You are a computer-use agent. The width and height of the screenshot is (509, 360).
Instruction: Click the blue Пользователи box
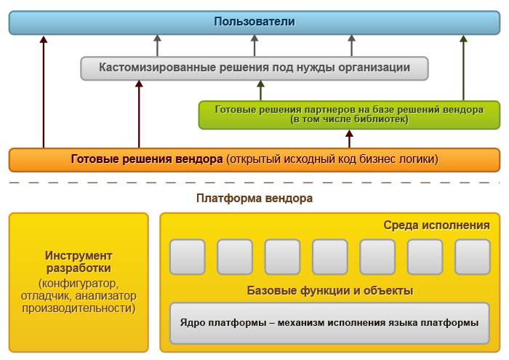[254, 22]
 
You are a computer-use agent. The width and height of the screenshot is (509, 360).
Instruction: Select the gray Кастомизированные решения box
[254, 68]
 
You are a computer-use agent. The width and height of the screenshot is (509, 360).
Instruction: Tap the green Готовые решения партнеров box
[349, 115]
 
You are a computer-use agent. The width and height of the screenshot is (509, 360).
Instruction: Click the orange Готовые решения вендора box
[254, 159]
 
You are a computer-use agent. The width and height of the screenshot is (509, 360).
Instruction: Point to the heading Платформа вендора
[254, 198]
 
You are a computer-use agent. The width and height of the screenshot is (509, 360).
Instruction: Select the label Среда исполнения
[436, 225]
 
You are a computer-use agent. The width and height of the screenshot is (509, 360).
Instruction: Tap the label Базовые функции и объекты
[330, 291]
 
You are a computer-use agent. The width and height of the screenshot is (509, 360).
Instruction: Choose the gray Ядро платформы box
[330, 323]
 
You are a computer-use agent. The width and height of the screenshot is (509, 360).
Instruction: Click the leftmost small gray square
[188, 256]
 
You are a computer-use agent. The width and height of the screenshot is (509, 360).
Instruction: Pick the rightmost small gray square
[473, 256]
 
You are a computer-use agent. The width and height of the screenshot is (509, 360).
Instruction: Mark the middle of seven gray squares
[330, 256]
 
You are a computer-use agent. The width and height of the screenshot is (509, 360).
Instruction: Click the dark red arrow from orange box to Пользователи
[44, 95]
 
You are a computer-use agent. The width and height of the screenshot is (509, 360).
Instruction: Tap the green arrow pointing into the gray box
[260, 91]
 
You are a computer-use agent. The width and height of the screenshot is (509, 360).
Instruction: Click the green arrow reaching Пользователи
[463, 69]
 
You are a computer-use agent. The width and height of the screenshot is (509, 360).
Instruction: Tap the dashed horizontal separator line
[254, 183]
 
